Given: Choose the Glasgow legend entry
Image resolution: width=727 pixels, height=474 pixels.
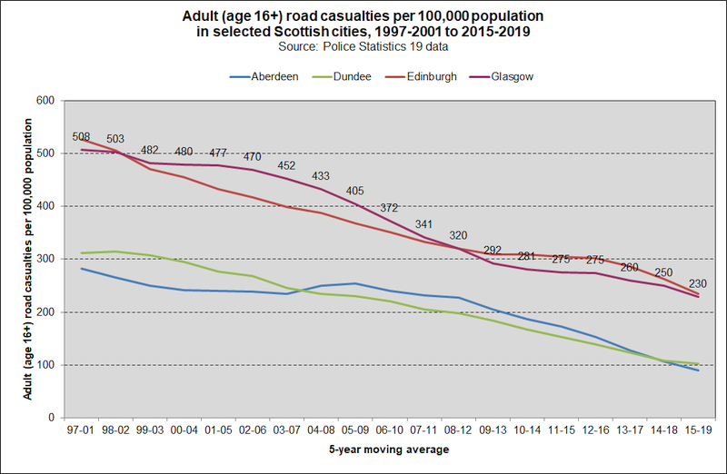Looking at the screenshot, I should [x=511, y=77].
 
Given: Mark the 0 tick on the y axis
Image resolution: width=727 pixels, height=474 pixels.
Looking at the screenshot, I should [x=51, y=418].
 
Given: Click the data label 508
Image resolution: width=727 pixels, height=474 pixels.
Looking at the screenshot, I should [x=81, y=137].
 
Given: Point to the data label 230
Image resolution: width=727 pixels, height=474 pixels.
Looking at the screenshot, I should [x=699, y=282].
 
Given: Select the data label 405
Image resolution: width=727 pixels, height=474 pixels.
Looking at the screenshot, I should [x=355, y=191].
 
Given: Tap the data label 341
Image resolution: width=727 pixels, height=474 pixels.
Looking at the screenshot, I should [x=424, y=224].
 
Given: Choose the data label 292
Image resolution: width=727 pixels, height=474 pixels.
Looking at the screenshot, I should [x=493, y=250].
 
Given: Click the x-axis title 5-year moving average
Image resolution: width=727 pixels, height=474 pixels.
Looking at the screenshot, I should [x=389, y=449].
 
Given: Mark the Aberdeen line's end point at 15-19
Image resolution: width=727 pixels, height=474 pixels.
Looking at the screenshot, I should [x=699, y=370].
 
